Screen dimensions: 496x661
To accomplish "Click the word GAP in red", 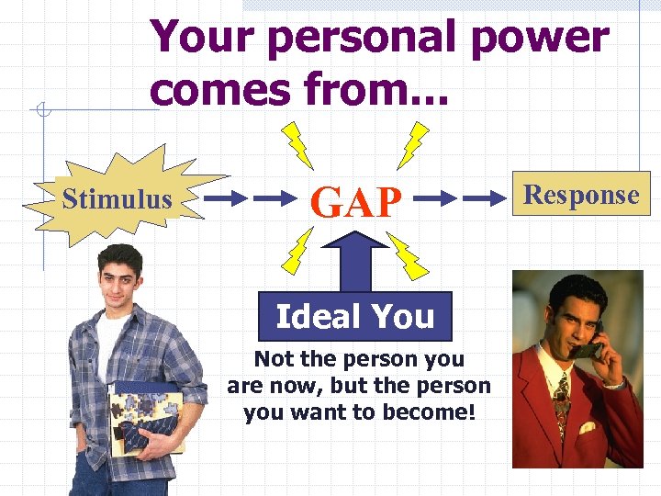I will click(x=357, y=200).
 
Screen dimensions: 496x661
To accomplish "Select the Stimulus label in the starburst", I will click(x=117, y=198).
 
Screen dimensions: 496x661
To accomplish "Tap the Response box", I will click(x=581, y=195).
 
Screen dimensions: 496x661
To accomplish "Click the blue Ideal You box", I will click(x=355, y=316).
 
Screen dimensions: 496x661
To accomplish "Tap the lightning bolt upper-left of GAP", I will click(x=297, y=143).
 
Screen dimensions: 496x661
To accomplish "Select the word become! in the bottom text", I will click(x=435, y=412).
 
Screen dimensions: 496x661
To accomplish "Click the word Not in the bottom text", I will click(x=274, y=359).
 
